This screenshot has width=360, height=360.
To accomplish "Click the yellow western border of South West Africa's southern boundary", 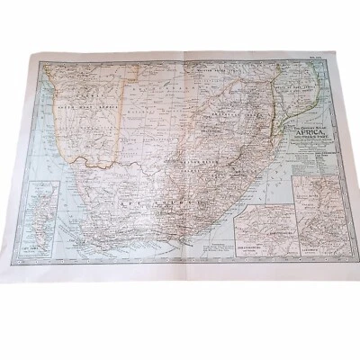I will [90, 164].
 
